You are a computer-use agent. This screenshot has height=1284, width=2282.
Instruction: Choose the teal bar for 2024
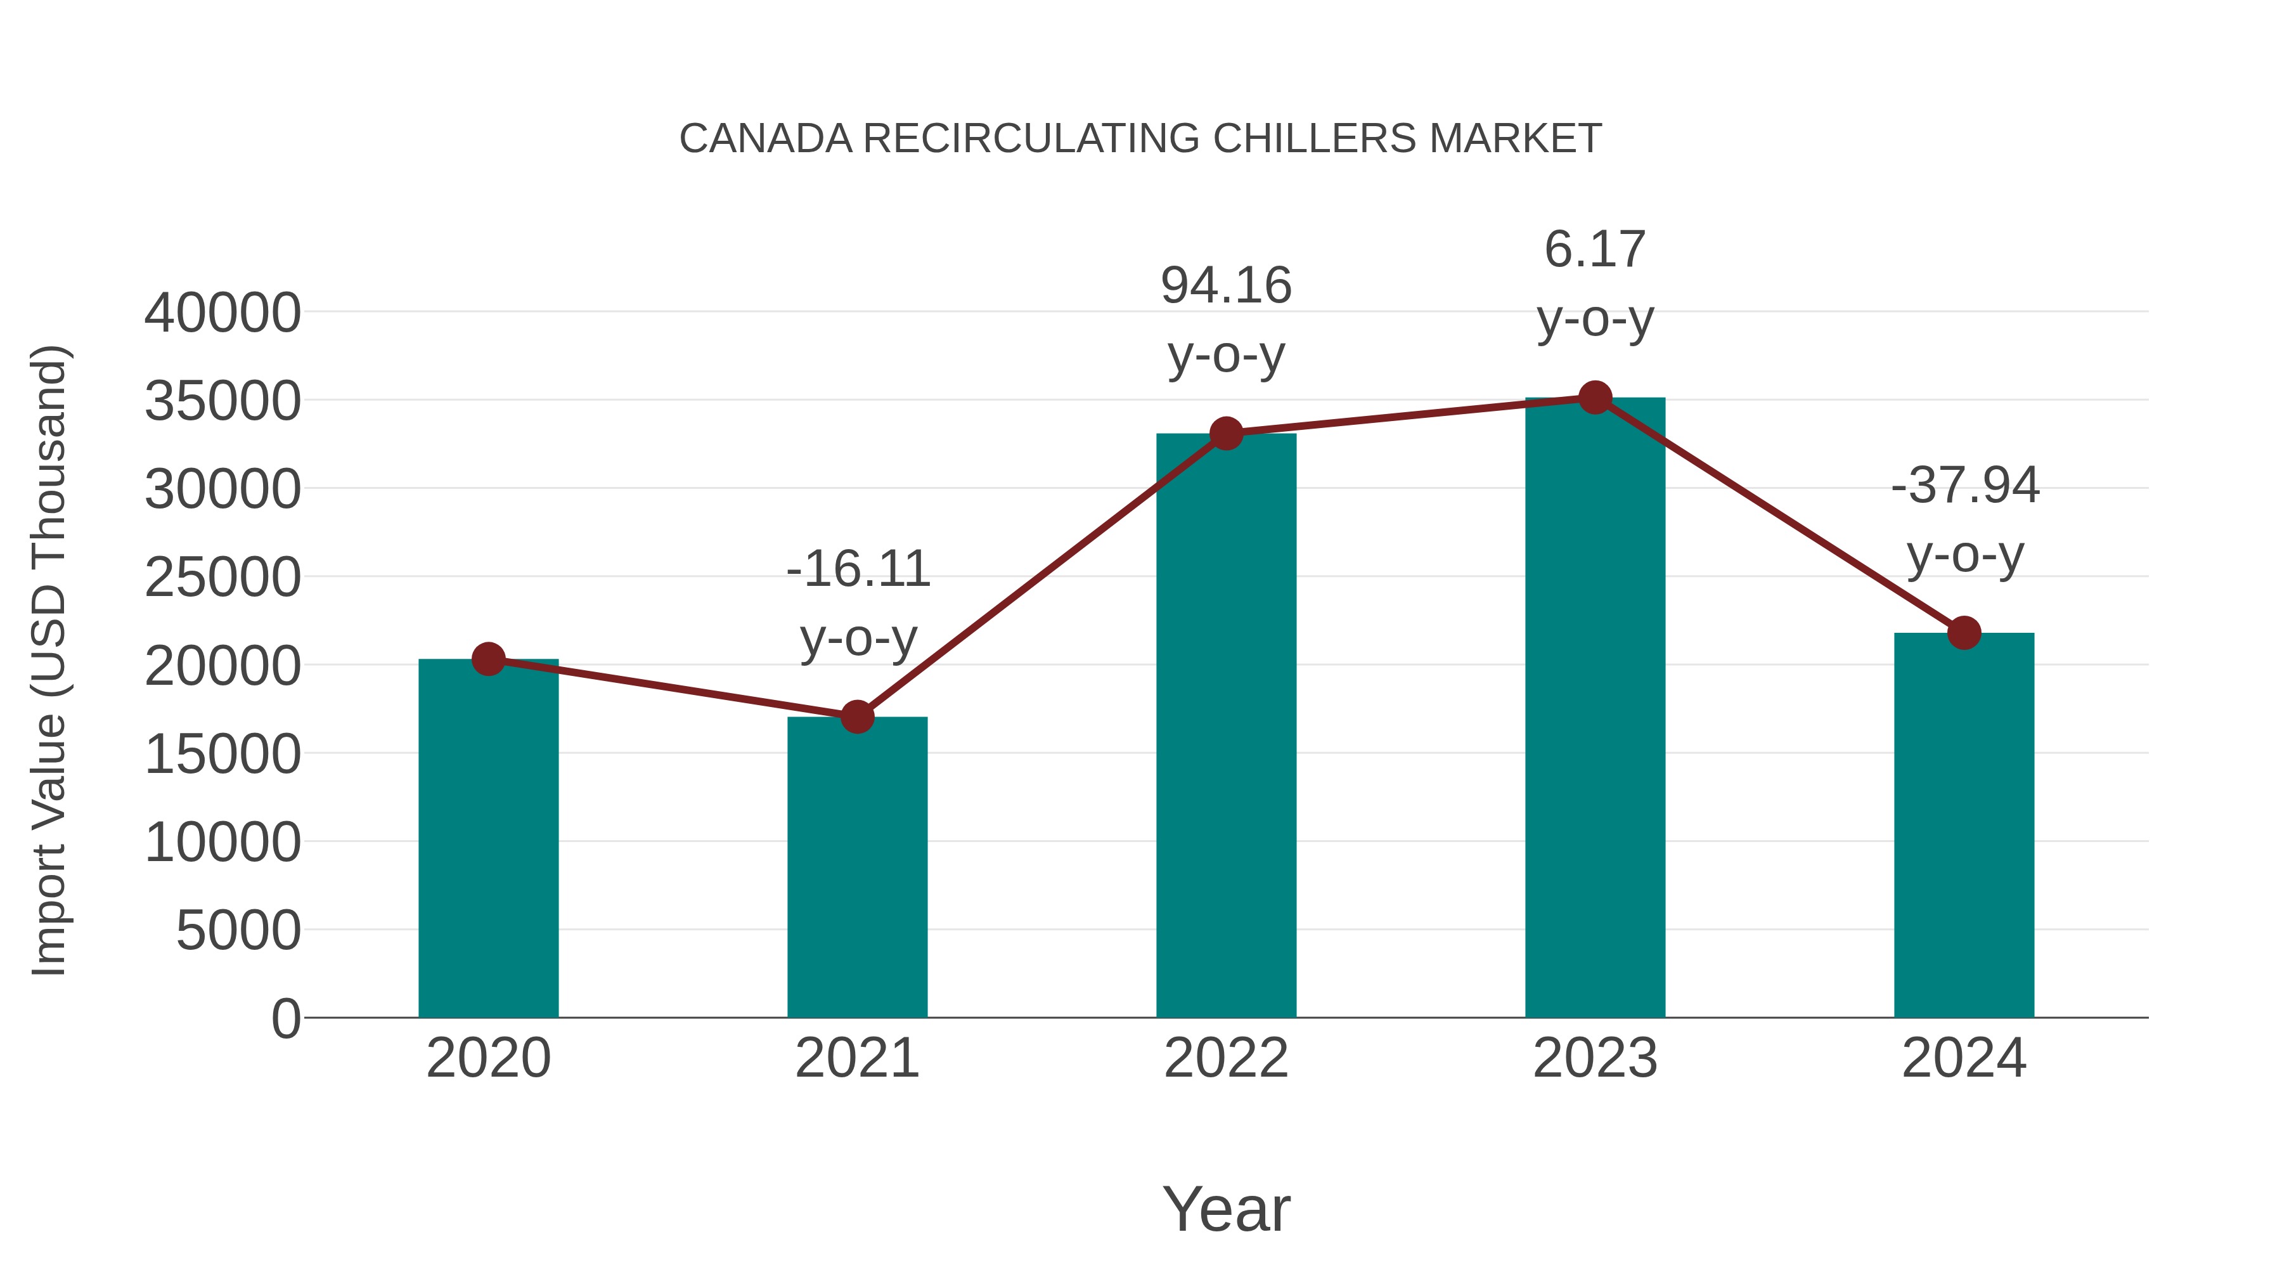pos(1964,824)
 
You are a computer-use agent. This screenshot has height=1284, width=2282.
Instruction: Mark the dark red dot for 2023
pos(1595,398)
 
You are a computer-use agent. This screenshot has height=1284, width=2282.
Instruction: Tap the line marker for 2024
pos(1964,633)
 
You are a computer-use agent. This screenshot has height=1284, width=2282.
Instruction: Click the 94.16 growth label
pos(1226,285)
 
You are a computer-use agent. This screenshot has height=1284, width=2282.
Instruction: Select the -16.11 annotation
pos(858,568)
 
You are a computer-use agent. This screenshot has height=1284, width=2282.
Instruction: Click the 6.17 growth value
pos(1595,249)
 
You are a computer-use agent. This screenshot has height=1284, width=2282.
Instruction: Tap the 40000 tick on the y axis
pos(222,313)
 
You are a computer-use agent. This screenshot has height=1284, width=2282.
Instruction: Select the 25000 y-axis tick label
pos(222,578)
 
